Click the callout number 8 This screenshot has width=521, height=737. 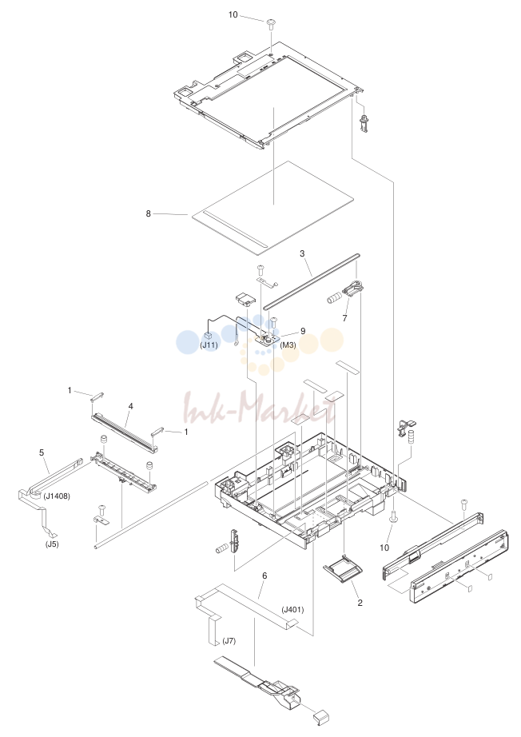[149, 213]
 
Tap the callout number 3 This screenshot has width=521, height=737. [302, 253]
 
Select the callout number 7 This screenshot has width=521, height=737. [344, 318]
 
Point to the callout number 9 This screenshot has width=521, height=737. [303, 331]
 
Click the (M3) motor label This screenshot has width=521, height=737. [288, 345]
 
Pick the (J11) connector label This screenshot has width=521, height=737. [209, 345]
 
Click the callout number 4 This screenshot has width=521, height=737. [130, 405]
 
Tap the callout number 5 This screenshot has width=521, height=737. [42, 452]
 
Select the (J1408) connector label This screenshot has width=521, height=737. [57, 496]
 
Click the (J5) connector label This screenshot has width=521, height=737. [52, 545]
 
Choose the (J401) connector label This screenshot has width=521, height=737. [292, 610]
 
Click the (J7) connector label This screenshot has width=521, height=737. [229, 640]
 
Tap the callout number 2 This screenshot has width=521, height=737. [360, 603]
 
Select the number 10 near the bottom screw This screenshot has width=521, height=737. [384, 548]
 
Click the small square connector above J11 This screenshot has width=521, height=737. [209, 336]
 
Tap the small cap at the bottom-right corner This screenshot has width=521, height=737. [321, 717]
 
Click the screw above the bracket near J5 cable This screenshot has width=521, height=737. [101, 509]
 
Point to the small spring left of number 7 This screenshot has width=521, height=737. [333, 298]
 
